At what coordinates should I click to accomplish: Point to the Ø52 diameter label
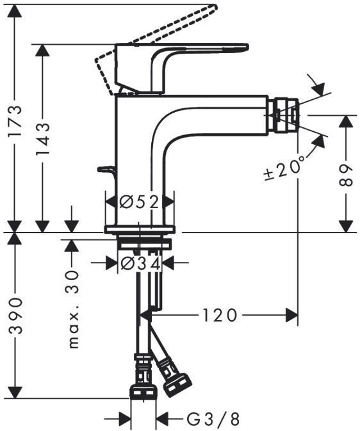coord(140,202)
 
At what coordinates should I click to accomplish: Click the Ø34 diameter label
coord(140,263)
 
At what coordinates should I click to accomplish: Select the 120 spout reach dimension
coord(220,314)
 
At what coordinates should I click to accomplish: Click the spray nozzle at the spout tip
coord(286,115)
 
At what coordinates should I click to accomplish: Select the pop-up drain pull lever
coord(106,169)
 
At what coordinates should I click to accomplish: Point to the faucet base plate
coord(140,229)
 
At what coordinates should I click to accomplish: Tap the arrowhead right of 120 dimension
coord(292,314)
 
